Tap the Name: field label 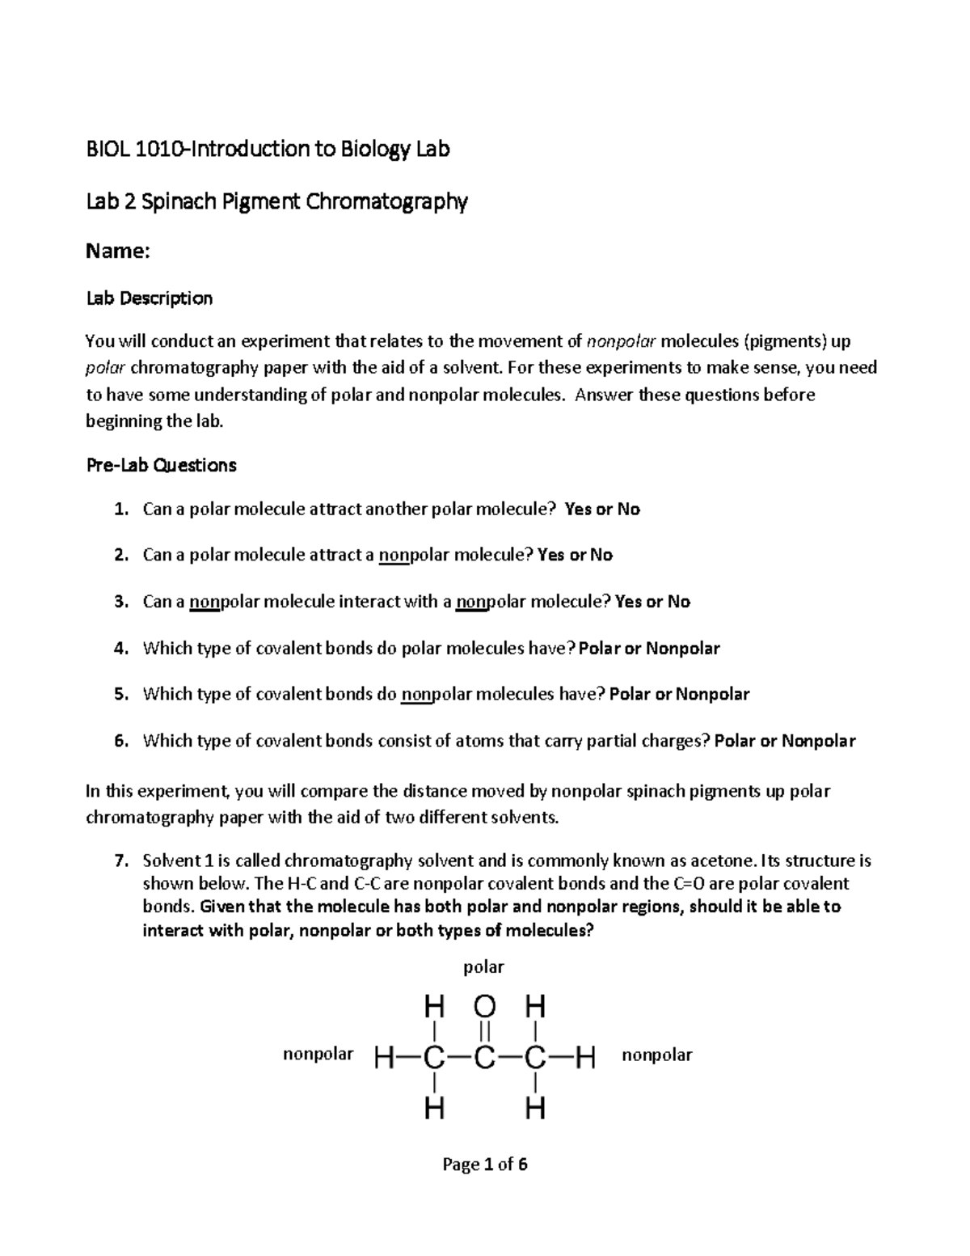pyautogui.click(x=117, y=252)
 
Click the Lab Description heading pyautogui.click(x=149, y=298)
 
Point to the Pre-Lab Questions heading pyautogui.click(x=161, y=465)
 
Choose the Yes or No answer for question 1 pyautogui.click(x=602, y=510)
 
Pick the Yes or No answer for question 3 pyautogui.click(x=652, y=602)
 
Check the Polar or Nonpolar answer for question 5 pyautogui.click(x=679, y=695)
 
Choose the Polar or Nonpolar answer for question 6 pyautogui.click(x=785, y=741)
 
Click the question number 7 pyautogui.click(x=120, y=861)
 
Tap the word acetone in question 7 pyautogui.click(x=730, y=861)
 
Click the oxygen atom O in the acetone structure pyautogui.click(x=484, y=1007)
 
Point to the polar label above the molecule pyautogui.click(x=483, y=967)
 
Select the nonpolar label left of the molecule pyautogui.click(x=318, y=1055)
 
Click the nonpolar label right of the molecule pyautogui.click(x=656, y=1055)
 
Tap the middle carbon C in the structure pyautogui.click(x=484, y=1057)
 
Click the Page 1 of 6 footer pyautogui.click(x=484, y=1165)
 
